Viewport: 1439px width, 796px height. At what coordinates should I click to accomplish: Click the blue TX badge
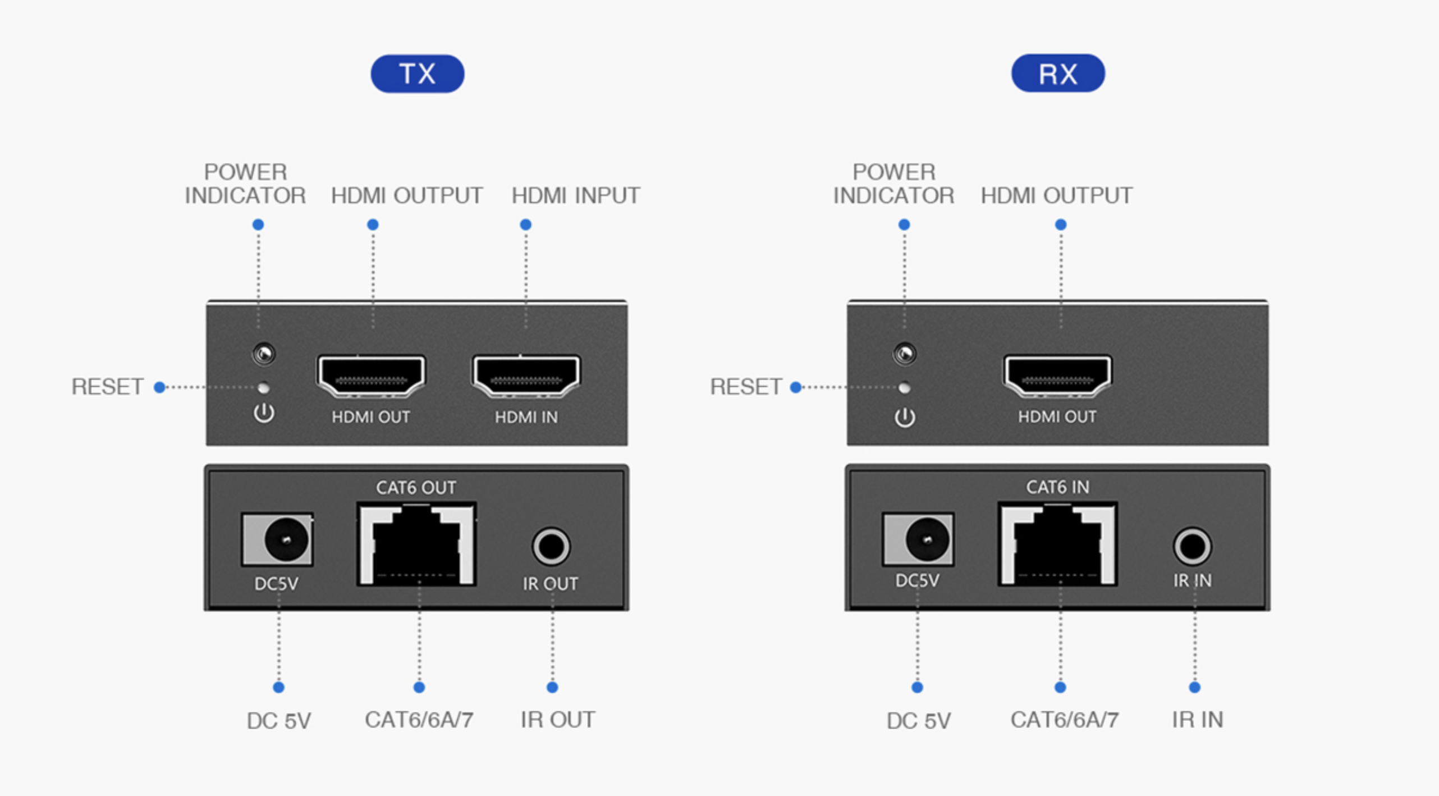point(417,74)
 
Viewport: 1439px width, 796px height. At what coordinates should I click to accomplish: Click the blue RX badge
point(1057,74)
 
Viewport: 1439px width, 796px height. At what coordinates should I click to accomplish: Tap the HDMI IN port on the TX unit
point(526,375)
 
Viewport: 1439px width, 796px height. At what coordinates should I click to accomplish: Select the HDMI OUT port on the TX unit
point(371,375)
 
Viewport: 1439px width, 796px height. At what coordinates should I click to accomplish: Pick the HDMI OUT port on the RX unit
point(1057,375)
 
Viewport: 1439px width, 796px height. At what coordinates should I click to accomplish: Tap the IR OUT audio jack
point(551,546)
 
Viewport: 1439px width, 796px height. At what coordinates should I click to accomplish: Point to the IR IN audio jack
point(1191,546)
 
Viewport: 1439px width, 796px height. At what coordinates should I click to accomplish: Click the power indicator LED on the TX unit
point(264,354)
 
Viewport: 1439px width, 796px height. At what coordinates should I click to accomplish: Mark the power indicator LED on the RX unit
point(905,354)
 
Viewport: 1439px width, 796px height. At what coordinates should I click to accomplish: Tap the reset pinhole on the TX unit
point(263,387)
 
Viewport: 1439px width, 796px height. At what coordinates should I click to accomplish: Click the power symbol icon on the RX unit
point(905,417)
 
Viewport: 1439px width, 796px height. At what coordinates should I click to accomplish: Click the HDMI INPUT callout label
point(575,196)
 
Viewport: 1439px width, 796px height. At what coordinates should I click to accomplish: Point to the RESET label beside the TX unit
point(107,387)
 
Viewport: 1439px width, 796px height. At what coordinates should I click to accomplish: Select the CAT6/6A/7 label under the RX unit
point(1064,720)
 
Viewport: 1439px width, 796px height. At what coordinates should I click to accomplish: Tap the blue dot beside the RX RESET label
point(795,387)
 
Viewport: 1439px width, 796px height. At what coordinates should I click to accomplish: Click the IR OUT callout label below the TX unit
point(557,720)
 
